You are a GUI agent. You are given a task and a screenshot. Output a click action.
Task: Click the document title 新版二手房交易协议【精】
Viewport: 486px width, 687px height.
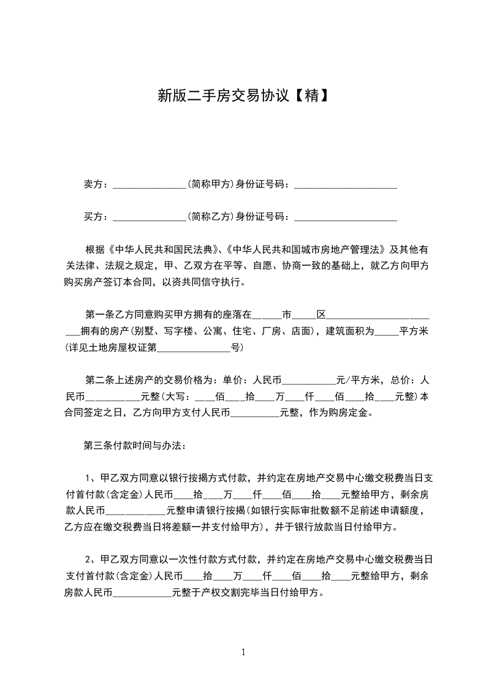(x=243, y=96)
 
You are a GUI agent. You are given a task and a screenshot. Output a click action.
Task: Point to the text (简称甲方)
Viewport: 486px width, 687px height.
(x=211, y=184)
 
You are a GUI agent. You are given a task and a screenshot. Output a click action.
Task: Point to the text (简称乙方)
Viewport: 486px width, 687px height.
(x=211, y=216)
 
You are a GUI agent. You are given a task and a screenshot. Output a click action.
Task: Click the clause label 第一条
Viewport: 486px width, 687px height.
(x=98, y=315)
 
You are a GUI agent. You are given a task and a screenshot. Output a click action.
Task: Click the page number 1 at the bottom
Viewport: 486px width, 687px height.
(x=243, y=652)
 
